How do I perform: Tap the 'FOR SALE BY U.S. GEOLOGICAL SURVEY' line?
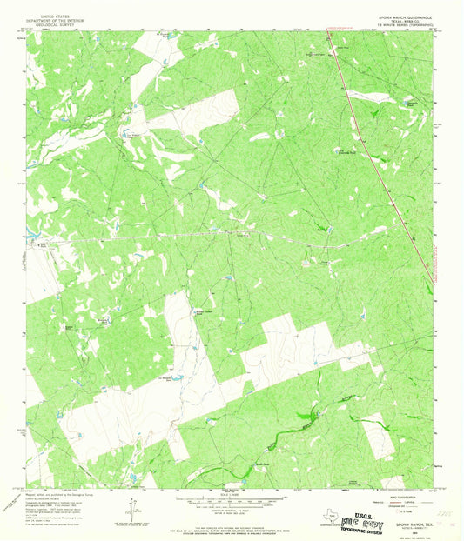point(232,524)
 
